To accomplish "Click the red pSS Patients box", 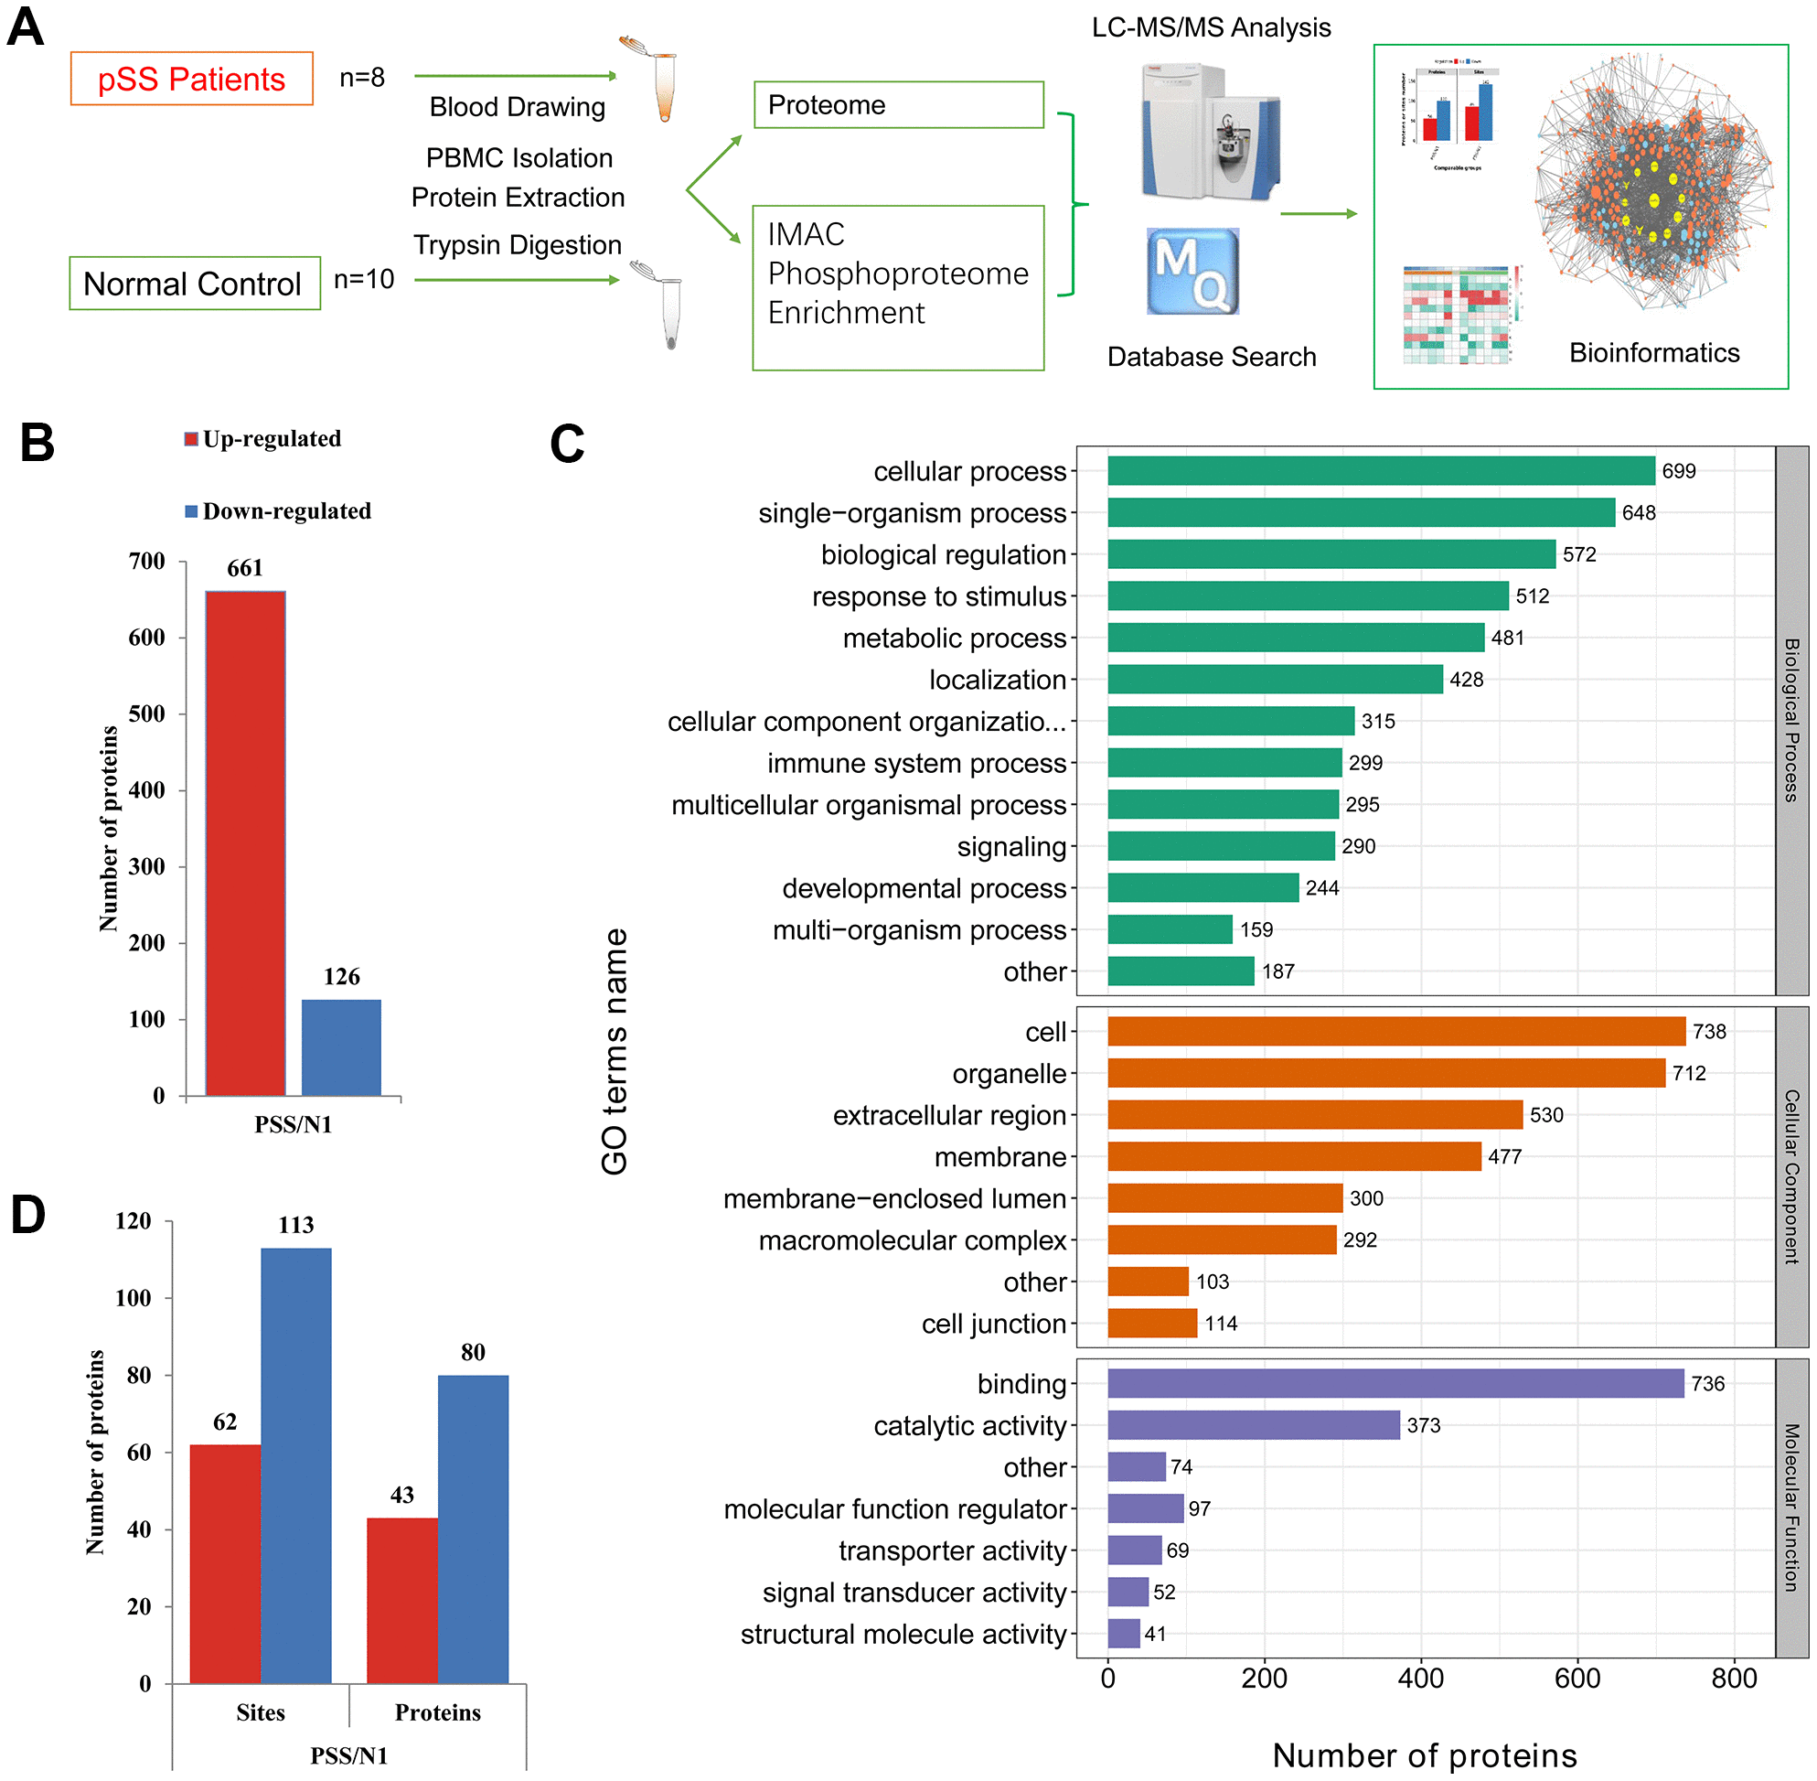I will (192, 79).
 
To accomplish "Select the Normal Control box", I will (195, 284).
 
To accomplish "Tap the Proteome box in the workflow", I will (898, 105).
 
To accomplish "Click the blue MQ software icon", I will (1192, 272).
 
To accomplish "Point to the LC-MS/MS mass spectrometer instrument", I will (1210, 131).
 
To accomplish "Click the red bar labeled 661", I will (245, 842).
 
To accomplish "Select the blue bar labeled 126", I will (341, 1046).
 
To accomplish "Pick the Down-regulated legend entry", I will (278, 510).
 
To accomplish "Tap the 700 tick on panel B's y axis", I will (147, 562).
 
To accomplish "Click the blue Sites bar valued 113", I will (295, 1464).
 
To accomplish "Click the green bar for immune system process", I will (1224, 763).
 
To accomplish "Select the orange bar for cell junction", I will (1152, 1323).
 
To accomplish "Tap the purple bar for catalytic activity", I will (1253, 1424).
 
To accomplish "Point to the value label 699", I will (1679, 471).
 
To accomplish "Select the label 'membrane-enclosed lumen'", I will (894, 1198).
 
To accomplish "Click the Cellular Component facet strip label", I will (1790, 1175).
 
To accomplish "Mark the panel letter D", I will (28, 1215).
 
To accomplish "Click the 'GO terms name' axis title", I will (615, 1051).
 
